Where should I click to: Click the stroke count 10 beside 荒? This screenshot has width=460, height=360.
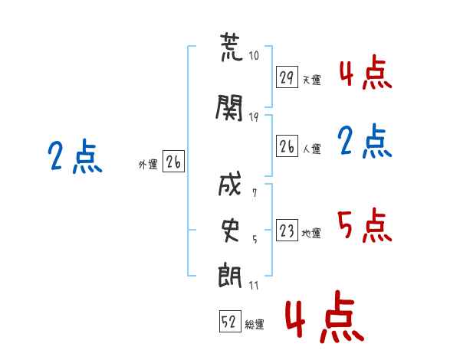tap(255, 57)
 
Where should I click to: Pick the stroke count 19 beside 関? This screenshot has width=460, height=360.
tap(255, 116)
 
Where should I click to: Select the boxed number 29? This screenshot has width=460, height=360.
tap(287, 77)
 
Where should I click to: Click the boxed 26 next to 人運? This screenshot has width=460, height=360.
tap(287, 146)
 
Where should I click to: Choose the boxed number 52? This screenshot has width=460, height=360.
tap(229, 322)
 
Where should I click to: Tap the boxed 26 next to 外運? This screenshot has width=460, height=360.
tap(173, 162)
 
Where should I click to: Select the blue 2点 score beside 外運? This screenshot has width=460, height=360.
tap(74, 157)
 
